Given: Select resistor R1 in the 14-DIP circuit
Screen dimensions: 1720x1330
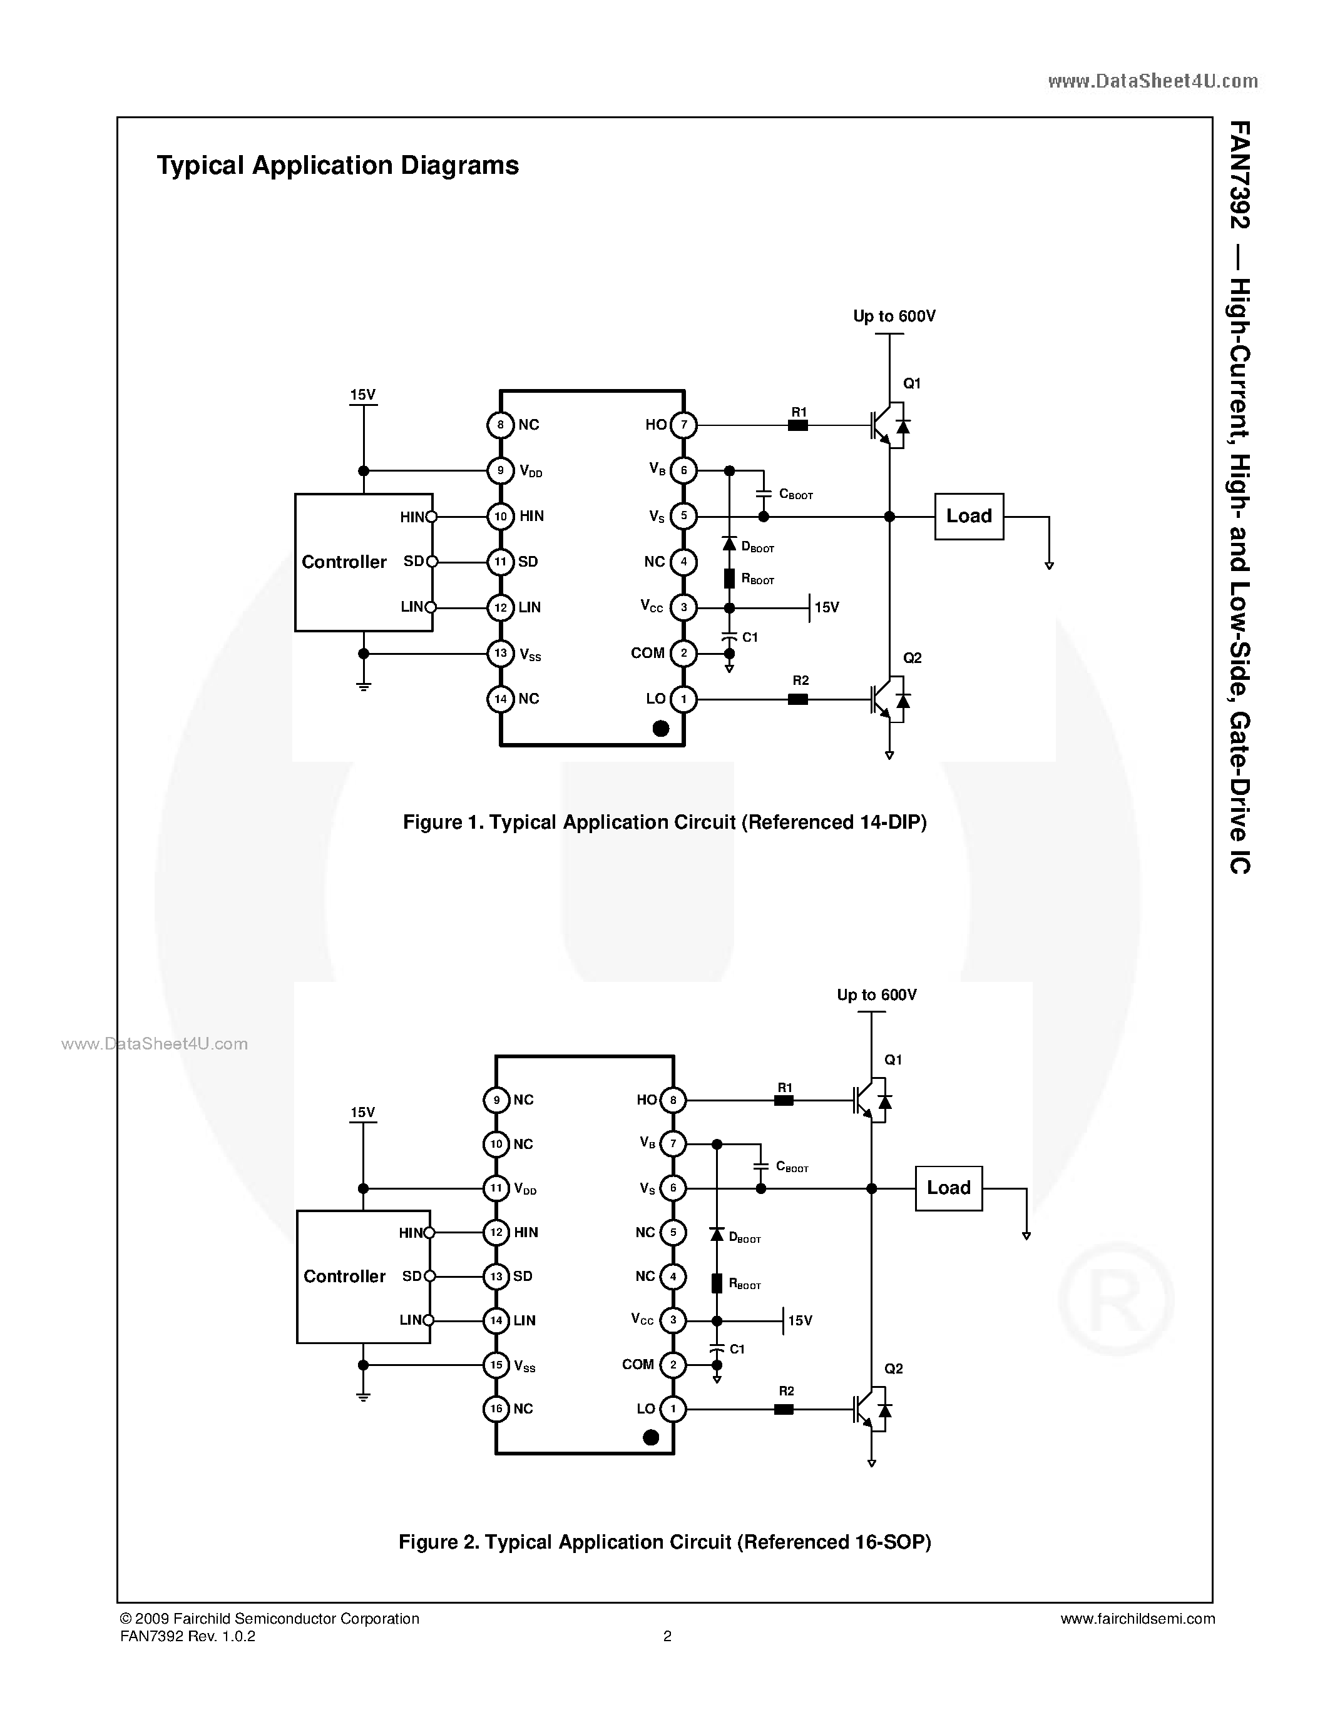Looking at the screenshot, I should click(x=798, y=425).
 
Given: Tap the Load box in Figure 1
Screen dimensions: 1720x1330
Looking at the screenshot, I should click(x=968, y=517).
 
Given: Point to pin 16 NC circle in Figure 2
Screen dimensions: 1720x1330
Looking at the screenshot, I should click(x=496, y=1409).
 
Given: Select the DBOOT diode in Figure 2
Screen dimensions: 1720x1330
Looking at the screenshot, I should click(x=716, y=1235).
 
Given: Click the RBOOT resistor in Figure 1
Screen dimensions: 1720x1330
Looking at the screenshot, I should click(x=729, y=579).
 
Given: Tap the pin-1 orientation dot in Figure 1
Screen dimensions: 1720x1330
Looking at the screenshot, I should click(x=661, y=729).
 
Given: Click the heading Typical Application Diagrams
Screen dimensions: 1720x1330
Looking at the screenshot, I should click(x=337, y=165).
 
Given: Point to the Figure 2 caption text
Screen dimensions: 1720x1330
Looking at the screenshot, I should click(x=664, y=1542).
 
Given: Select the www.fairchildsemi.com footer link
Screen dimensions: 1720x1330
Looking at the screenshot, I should click(x=1137, y=1619).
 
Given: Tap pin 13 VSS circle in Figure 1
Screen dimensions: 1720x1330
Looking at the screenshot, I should click(x=500, y=654).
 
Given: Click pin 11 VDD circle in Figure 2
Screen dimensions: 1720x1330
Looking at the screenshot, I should click(x=496, y=1188).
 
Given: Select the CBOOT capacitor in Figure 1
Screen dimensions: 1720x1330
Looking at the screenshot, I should click(x=763, y=493).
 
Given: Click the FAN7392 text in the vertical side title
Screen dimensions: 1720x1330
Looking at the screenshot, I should click(x=1239, y=175).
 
